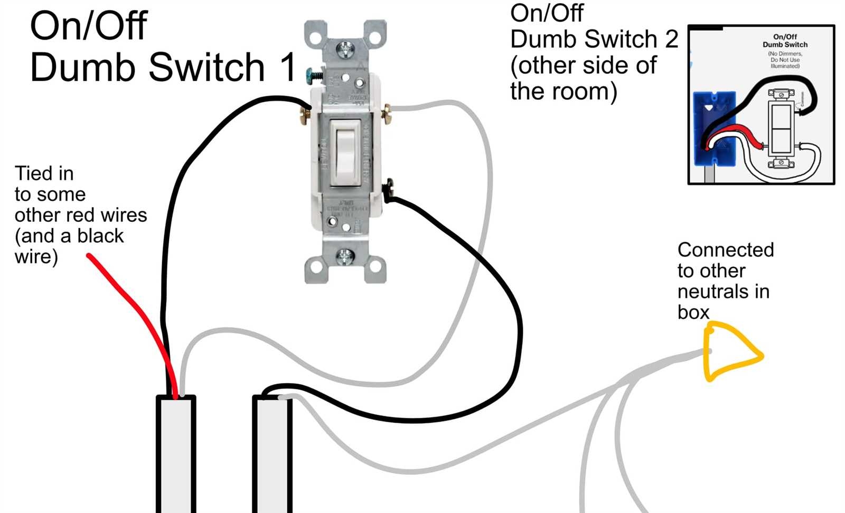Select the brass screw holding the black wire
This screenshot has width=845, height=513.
[305, 115]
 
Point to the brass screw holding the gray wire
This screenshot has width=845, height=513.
[387, 113]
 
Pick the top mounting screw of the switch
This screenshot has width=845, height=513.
[346, 51]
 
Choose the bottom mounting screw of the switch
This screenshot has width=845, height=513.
[345, 257]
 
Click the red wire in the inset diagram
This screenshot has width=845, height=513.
[737, 135]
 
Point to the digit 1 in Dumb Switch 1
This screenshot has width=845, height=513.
[288, 67]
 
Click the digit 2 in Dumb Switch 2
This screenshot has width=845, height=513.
[671, 39]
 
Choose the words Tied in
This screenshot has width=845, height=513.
[44, 173]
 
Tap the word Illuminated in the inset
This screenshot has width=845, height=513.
[785, 66]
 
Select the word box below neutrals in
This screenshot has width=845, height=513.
[693, 312]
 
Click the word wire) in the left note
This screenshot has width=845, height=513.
[36, 257]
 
